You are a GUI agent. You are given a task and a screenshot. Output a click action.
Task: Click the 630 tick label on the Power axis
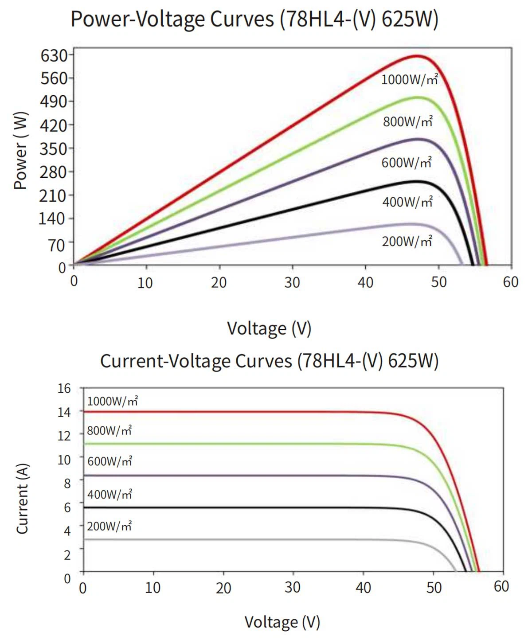[x=54, y=56]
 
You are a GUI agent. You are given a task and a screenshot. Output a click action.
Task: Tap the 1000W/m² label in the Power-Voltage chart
[x=409, y=80]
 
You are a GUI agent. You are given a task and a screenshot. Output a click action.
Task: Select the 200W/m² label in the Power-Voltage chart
[x=407, y=242]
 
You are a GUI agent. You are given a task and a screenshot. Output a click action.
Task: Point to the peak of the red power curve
[x=417, y=56]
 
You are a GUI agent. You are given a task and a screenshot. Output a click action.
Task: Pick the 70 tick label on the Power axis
[x=57, y=245]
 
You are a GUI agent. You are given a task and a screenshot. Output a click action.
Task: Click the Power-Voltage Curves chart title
[x=254, y=20]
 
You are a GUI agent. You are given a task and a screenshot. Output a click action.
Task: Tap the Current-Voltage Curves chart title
[x=269, y=361]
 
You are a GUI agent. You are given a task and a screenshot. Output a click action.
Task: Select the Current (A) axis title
[x=22, y=499]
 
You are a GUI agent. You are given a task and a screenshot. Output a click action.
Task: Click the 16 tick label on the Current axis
[x=64, y=388]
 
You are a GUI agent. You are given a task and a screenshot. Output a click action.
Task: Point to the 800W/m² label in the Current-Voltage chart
[x=109, y=431]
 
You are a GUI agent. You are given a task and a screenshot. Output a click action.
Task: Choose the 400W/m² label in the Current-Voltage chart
[x=110, y=495]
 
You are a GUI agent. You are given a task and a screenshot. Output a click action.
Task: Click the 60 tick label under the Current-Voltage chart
[x=501, y=586]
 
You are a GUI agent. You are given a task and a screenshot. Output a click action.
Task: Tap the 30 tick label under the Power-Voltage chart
[x=292, y=282]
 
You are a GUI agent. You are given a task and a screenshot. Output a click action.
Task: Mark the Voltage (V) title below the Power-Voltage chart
[x=269, y=328]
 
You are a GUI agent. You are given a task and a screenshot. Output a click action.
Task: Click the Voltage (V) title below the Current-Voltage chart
[x=282, y=622]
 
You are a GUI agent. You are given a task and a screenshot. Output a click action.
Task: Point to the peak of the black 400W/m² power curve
[x=417, y=181]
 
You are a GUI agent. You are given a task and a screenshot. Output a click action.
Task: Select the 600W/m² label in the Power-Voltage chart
[x=406, y=163]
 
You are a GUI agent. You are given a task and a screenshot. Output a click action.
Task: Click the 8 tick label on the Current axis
[x=67, y=483]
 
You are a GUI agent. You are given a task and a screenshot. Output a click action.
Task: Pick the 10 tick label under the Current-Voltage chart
[x=153, y=588]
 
